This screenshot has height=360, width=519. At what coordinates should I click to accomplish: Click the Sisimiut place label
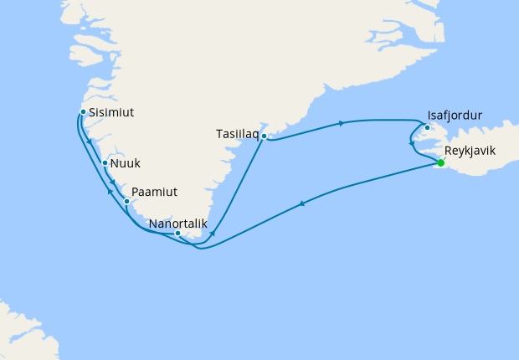[112, 112]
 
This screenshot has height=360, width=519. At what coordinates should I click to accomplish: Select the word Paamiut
[154, 193]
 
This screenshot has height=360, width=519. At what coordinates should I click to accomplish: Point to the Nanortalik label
[173, 224]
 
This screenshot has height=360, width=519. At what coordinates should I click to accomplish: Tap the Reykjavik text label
[471, 152]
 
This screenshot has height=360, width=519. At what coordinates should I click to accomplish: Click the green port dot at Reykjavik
[441, 163]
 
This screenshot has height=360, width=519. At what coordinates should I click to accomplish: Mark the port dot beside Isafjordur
[427, 128]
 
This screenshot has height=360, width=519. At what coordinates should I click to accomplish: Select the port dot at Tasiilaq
[264, 136]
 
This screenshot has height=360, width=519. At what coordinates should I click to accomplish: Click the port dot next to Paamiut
[126, 201]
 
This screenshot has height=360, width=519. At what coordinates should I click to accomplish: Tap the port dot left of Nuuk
[105, 163]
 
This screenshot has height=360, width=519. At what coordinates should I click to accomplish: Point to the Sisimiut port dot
[82, 111]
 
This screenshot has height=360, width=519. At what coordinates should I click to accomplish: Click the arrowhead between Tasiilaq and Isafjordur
[341, 124]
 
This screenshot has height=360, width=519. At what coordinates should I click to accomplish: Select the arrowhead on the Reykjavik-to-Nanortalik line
[301, 203]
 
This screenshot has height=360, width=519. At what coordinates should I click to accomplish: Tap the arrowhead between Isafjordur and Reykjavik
[410, 144]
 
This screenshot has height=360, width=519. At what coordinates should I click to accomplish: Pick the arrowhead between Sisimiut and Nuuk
[90, 146]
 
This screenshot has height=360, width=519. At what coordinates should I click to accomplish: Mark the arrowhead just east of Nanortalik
[213, 233]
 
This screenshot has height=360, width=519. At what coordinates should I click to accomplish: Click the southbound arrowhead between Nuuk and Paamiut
[113, 183]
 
